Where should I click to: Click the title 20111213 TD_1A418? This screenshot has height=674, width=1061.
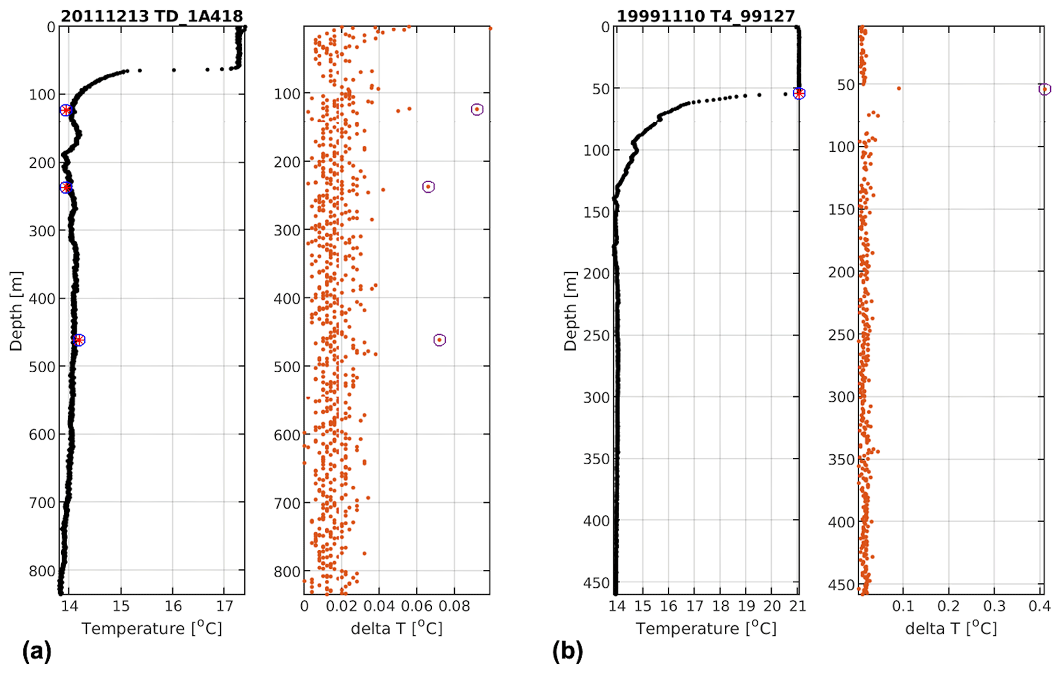[151, 16]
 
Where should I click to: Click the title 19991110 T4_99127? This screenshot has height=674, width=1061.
[705, 16]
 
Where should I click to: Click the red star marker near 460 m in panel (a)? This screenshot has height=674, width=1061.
[79, 340]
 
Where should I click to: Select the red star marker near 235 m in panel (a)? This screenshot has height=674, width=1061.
[66, 187]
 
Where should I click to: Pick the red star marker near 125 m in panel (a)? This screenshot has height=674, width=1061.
[66, 110]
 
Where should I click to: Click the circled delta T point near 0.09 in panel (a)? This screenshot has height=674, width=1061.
[477, 109]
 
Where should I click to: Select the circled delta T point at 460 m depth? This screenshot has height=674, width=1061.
[439, 340]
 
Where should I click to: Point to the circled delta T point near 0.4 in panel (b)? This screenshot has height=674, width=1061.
[1045, 89]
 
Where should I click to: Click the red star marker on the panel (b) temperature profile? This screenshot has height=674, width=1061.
[799, 93]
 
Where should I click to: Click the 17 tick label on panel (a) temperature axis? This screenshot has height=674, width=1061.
[224, 606]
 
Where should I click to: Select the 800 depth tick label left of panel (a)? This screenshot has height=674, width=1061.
[43, 571]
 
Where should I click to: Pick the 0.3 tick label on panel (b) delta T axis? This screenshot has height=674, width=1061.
[994, 606]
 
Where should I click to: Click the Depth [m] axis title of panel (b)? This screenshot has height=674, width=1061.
[570, 311]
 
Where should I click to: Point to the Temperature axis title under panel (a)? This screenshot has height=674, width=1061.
[152, 628]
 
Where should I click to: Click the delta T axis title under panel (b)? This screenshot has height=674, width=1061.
[951, 628]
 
